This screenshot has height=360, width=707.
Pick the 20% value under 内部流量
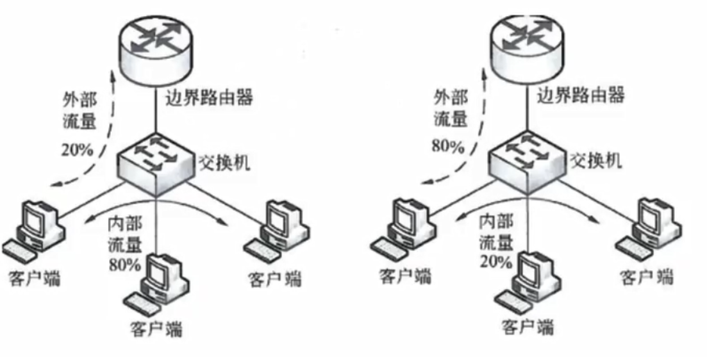(x=495, y=262)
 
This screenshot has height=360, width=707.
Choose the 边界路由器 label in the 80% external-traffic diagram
(x=580, y=96)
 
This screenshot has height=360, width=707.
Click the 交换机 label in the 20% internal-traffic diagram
(x=595, y=160)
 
